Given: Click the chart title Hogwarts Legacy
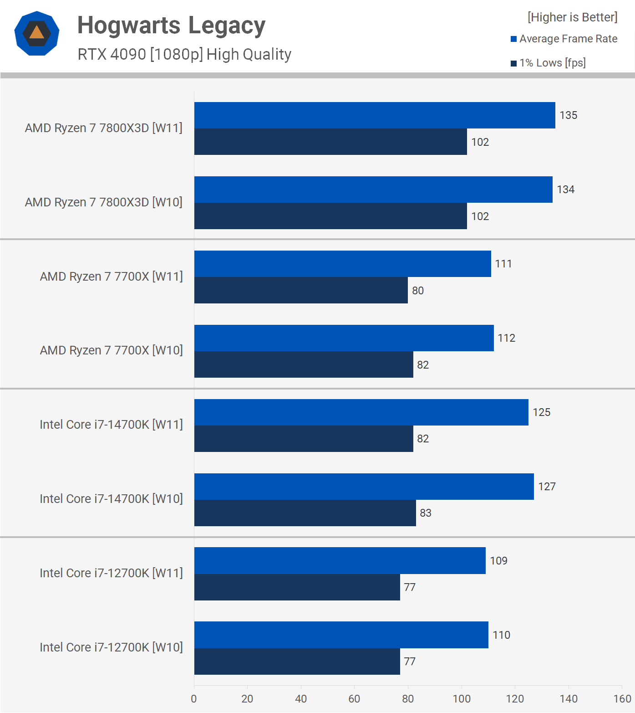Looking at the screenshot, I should pos(171,26).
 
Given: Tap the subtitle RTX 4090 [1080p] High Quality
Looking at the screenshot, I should pos(184,54).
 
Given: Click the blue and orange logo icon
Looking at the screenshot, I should pos(37,33).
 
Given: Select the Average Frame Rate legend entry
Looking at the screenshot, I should pos(564,39).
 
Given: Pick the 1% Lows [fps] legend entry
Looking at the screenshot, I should pos(548,63).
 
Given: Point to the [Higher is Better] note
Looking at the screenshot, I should pos(572,17).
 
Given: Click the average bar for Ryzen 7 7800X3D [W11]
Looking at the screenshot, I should pos(374,115).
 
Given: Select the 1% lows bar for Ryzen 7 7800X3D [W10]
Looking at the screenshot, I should pos(330,216).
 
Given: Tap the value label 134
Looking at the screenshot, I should pos(565,190).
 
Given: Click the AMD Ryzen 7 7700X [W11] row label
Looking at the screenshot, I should pos(111,277).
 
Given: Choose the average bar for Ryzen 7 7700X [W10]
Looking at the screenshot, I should pos(344,338).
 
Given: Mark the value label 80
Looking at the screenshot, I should pos(417,291).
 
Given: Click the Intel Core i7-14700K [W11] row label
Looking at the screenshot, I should pos(111,425).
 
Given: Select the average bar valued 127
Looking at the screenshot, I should pos(364,487).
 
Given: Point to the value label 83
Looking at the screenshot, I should pos(425,513).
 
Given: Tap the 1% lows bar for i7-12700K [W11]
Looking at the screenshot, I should pos(297,587).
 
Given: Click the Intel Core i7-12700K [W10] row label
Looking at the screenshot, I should pos(111,647).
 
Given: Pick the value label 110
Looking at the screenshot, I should pos(501,635).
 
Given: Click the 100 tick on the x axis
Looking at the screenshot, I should pos(462,699).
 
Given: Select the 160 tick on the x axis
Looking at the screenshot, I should pos(622,699).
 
